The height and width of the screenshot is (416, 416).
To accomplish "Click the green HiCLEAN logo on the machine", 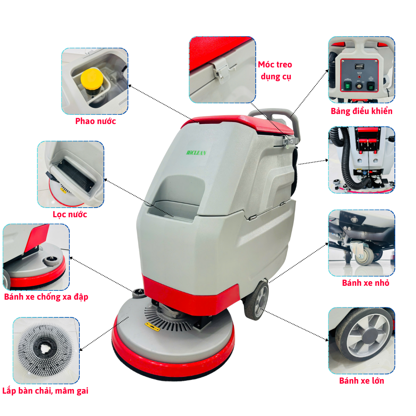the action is point(196,153).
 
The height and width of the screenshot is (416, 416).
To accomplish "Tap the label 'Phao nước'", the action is point(96,121).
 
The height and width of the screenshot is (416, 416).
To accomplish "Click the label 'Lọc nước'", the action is point(70,215).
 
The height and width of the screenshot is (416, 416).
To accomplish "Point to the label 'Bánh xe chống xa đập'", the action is point(46,297).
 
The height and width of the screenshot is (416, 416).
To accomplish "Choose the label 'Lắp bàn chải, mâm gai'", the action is point(45,391).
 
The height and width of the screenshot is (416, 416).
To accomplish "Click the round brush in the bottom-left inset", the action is point(45,349).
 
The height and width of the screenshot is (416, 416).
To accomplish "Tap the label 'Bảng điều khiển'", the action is point(361,111).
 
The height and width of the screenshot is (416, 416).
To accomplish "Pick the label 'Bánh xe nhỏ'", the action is point(365,283).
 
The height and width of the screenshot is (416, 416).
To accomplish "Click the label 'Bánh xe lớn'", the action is point(361,381).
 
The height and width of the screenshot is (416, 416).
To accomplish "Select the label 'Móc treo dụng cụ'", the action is point(275,70).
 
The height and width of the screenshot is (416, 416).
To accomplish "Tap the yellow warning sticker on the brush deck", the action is point(152,326).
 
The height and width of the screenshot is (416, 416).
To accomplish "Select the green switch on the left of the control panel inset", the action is point(348,86).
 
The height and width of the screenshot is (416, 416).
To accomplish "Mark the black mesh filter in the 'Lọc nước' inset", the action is point(75,175).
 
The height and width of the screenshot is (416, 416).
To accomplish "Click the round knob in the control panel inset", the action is point(359,86).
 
